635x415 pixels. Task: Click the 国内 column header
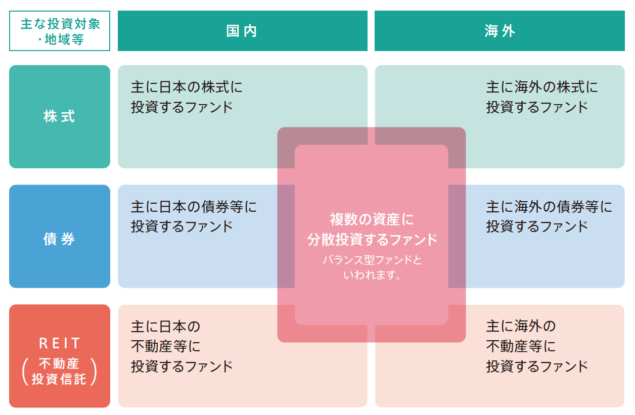pos(242,31)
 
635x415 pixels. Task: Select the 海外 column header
pos(500,31)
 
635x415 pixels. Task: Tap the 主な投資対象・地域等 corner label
pos(60,31)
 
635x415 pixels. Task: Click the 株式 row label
pos(59,116)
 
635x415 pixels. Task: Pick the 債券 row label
pos(59,239)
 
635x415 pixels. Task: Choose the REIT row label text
pos(59,343)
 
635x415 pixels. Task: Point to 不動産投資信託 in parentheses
pos(59,372)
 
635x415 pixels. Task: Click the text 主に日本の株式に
pos(187,87)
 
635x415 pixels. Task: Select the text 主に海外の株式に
pos(542,87)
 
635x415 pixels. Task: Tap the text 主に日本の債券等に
pos(194,206)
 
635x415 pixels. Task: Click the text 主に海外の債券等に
pos(549,206)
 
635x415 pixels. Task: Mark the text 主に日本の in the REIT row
pos(165,326)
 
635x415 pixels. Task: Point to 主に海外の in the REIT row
pos(521,326)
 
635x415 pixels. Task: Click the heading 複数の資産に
pos(372,219)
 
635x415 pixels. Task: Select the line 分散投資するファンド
pos(372,240)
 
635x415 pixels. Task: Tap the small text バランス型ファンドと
pos(372,260)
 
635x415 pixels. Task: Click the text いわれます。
pos(372,274)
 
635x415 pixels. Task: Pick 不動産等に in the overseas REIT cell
pos(521,346)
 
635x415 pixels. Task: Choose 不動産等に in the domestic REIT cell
pos(165,346)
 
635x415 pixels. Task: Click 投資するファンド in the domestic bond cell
pos(182,226)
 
